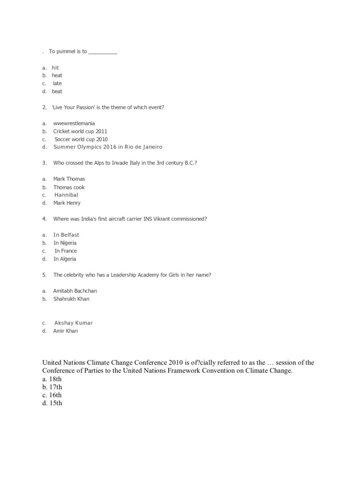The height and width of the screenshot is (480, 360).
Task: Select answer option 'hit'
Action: tap(55, 67)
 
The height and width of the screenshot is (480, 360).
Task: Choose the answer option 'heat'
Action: tap(57, 75)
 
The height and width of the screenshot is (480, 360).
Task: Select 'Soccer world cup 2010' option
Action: tap(81, 139)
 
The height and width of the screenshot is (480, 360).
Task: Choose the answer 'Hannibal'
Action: tap(66, 195)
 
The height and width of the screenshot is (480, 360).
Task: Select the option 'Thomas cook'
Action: tap(69, 187)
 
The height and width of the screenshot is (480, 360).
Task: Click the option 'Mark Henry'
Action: tap(67, 203)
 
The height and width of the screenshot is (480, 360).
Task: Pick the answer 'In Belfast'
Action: tap(66, 235)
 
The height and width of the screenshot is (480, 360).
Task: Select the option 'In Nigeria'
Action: tap(65, 243)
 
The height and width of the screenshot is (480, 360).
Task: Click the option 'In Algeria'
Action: tap(65, 259)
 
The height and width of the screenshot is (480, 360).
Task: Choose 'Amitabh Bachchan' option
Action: tap(75, 291)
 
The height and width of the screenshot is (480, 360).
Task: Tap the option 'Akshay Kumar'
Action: tap(74, 323)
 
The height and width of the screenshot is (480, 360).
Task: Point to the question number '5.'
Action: tap(44, 275)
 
